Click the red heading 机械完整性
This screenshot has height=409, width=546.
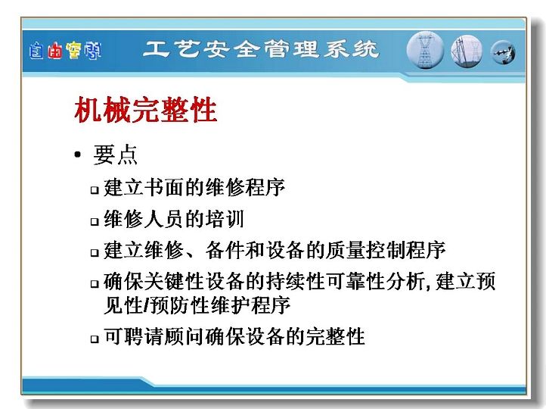pos(146,110)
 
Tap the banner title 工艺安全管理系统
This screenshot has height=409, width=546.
pos(261,49)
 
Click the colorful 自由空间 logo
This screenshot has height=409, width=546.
pos(65,51)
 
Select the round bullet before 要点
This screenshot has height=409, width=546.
pos(77,155)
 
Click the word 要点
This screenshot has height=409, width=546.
pos(115,155)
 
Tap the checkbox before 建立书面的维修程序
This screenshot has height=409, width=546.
pos(95,190)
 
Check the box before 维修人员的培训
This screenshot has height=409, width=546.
pos(95,221)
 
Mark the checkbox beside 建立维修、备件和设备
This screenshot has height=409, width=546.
pos(95,252)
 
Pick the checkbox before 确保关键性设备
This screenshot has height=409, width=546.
pos(95,283)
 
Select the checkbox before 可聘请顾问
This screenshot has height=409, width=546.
pos(95,339)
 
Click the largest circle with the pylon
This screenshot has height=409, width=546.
pos(425,50)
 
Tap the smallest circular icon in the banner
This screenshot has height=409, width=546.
pos(503,52)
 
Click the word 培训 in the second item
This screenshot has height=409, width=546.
pos(225,219)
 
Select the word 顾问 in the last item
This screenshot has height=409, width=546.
pos(185,336)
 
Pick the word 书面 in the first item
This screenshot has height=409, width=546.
pos(163,187)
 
